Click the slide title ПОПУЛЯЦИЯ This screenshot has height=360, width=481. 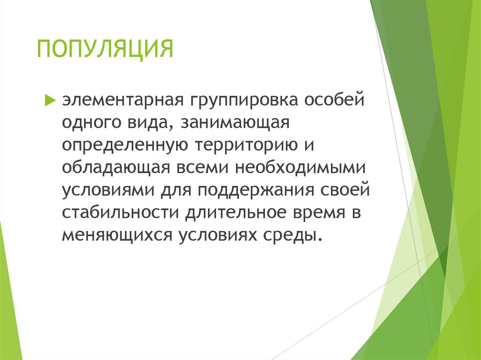pyautogui.click(x=106, y=49)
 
